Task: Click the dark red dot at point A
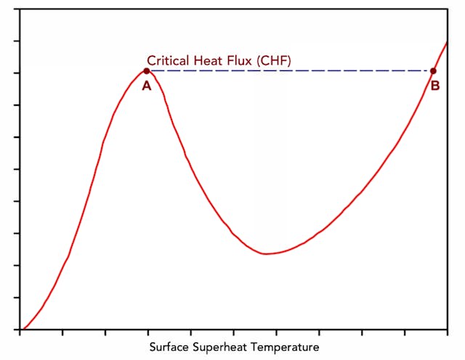coord(147,71)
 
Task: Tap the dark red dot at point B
coord(434,71)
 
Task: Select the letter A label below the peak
coord(146,86)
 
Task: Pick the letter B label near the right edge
coord(435,86)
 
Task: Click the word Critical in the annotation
coord(169,61)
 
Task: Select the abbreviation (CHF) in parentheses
coord(275,61)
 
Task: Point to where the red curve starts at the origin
coord(22,330)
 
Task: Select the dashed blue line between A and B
coord(291,71)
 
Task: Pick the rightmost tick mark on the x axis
coord(405,333)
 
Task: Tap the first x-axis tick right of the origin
coord(63,333)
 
